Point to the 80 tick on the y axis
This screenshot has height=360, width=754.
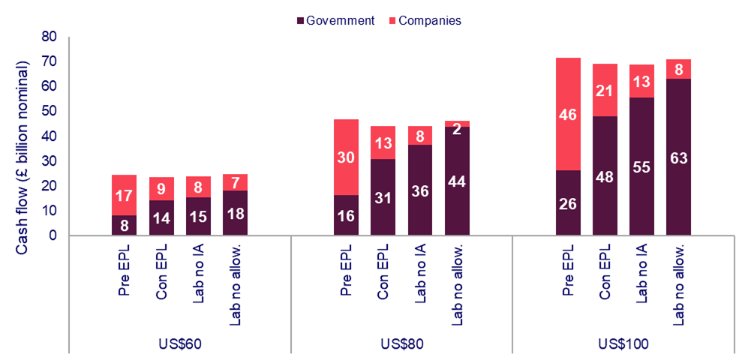(49, 36)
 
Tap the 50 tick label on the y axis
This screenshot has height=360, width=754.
(49, 111)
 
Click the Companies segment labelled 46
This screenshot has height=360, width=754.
(569, 114)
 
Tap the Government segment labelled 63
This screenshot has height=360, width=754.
(679, 157)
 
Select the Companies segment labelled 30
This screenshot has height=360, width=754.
(347, 157)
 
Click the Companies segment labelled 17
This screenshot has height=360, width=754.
(125, 195)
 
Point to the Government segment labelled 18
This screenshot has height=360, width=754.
(235, 213)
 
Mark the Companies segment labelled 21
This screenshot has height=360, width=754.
(605, 90)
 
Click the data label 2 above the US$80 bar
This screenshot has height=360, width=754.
(457, 127)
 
